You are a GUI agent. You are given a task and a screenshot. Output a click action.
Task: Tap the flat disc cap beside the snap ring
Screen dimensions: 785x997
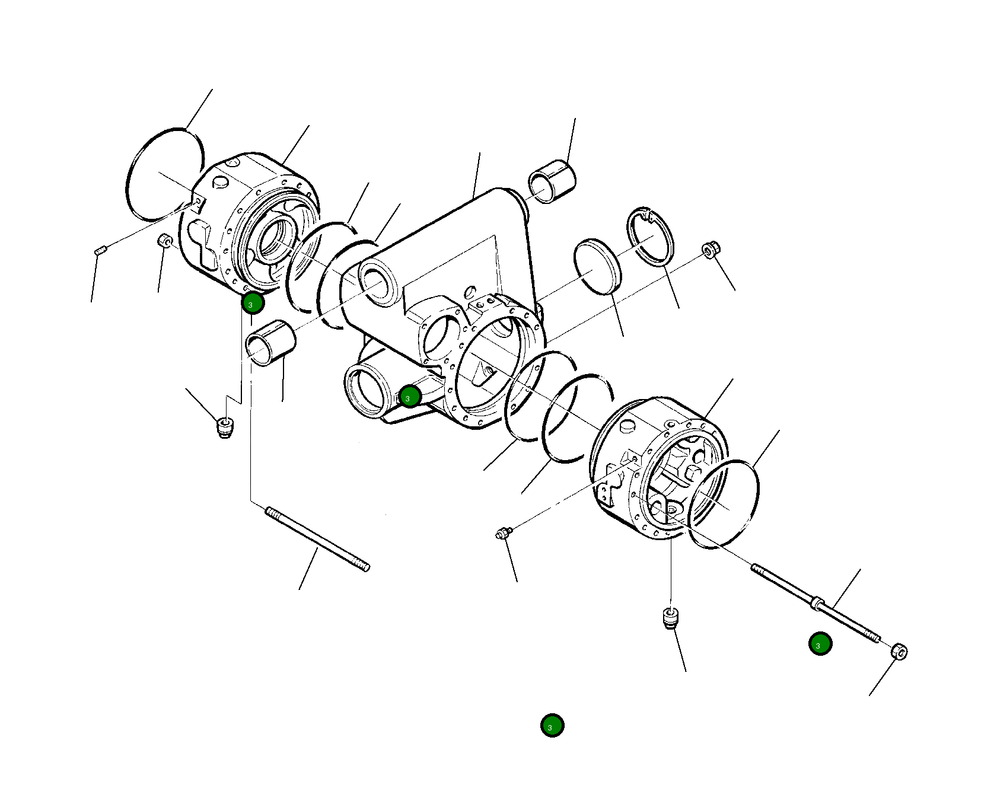[597, 267]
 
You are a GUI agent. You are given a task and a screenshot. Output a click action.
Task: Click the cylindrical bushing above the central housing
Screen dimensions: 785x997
[552, 181]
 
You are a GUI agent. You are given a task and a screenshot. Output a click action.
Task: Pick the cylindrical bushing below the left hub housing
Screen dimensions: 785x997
[270, 344]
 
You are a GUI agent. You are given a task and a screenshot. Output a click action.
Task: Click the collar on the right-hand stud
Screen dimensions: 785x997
[817, 604]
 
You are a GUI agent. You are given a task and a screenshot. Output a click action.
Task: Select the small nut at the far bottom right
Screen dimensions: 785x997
[899, 651]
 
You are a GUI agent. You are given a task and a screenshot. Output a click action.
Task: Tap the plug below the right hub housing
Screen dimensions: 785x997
[670, 618]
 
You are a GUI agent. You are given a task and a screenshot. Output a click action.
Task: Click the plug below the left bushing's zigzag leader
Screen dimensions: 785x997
[224, 427]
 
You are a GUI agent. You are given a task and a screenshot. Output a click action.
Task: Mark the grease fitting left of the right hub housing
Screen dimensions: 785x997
[503, 534]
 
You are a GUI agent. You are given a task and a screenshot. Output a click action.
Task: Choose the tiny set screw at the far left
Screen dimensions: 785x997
[100, 251]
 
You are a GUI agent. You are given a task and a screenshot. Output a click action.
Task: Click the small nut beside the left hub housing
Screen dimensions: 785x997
[165, 242]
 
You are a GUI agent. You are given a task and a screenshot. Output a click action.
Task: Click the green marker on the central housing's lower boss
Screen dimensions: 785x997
[410, 397]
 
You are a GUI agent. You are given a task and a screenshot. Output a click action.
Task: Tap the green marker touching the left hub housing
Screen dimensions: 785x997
[253, 304]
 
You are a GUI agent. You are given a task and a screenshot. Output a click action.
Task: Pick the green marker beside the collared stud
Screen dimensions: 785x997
[820, 644]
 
